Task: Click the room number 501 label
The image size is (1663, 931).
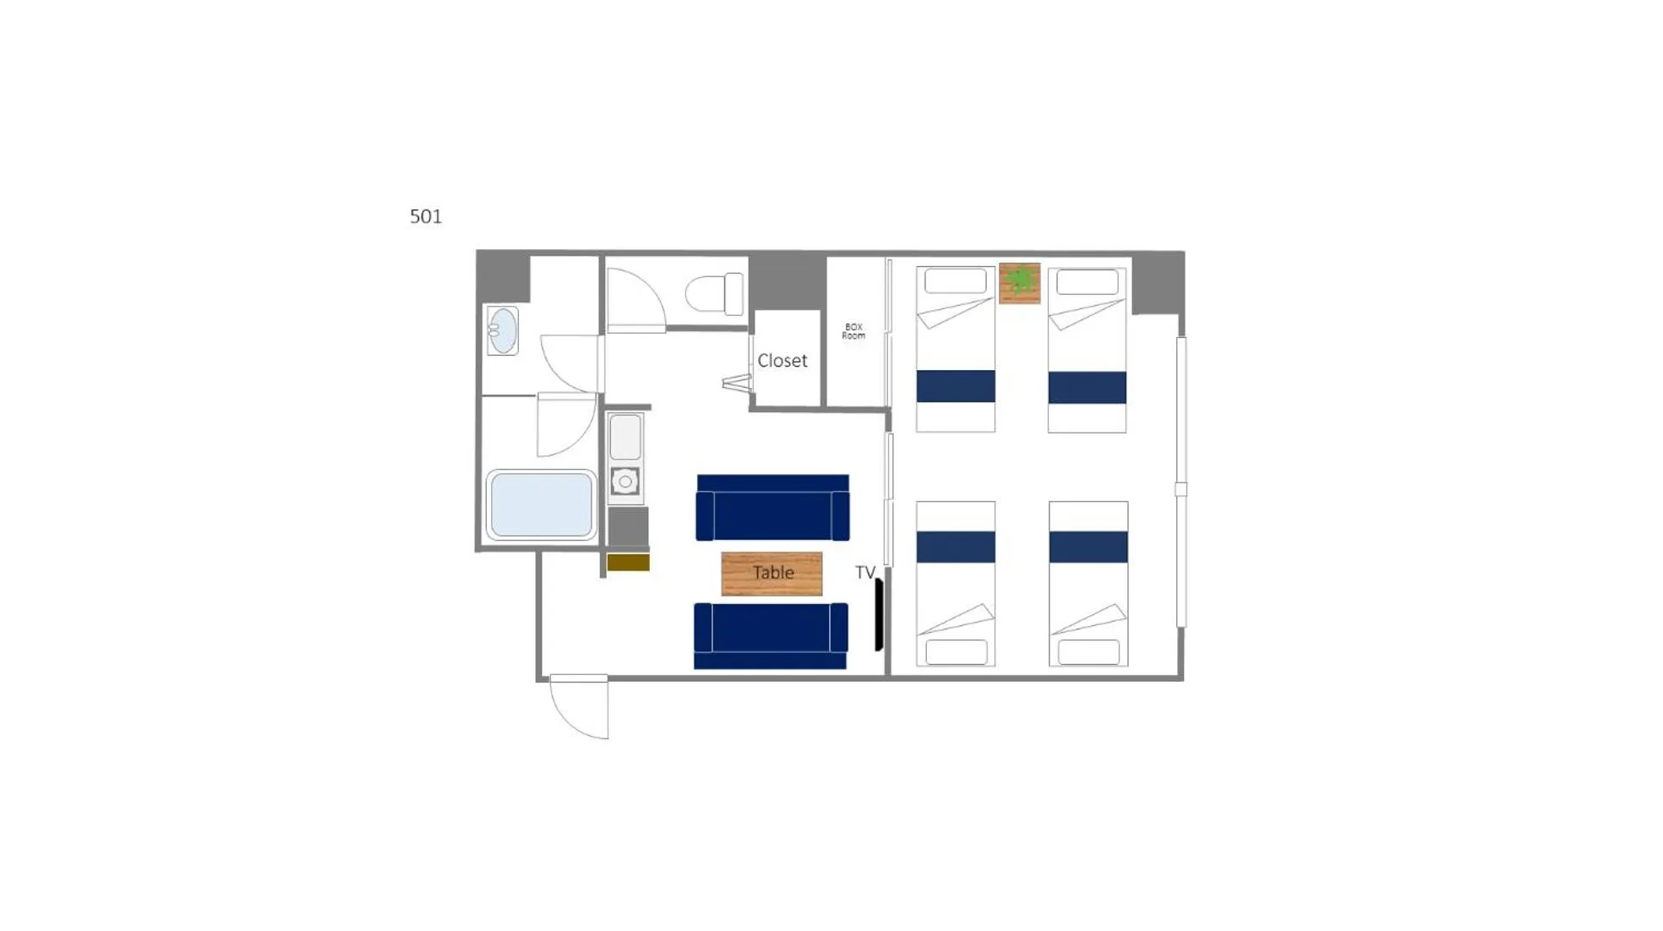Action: pyautogui.click(x=426, y=216)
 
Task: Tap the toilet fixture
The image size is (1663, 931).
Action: pyautogui.click(x=716, y=294)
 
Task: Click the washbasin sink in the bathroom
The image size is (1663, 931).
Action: pyautogui.click(x=502, y=330)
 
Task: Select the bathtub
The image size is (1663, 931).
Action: pyautogui.click(x=541, y=505)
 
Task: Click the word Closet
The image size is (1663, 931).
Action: pyautogui.click(x=782, y=361)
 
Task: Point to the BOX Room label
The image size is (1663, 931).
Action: pyautogui.click(x=853, y=331)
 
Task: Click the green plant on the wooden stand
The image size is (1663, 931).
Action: pyautogui.click(x=1020, y=281)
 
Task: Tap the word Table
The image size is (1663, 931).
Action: pyautogui.click(x=772, y=573)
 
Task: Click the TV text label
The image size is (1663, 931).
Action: pyautogui.click(x=864, y=573)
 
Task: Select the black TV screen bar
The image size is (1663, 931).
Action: pyautogui.click(x=879, y=615)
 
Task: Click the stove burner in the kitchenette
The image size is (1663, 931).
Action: pyautogui.click(x=625, y=482)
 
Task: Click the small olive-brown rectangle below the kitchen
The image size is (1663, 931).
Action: pyautogui.click(x=628, y=563)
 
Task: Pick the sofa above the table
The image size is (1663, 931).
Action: pyautogui.click(x=772, y=508)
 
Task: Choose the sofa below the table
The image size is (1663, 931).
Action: pyautogui.click(x=771, y=635)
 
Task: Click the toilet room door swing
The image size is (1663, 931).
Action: pyautogui.click(x=634, y=300)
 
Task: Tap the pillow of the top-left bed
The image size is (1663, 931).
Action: pyautogui.click(x=955, y=280)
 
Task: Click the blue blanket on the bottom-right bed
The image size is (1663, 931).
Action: pyautogui.click(x=1088, y=547)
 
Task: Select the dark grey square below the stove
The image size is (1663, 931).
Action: pyautogui.click(x=628, y=527)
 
